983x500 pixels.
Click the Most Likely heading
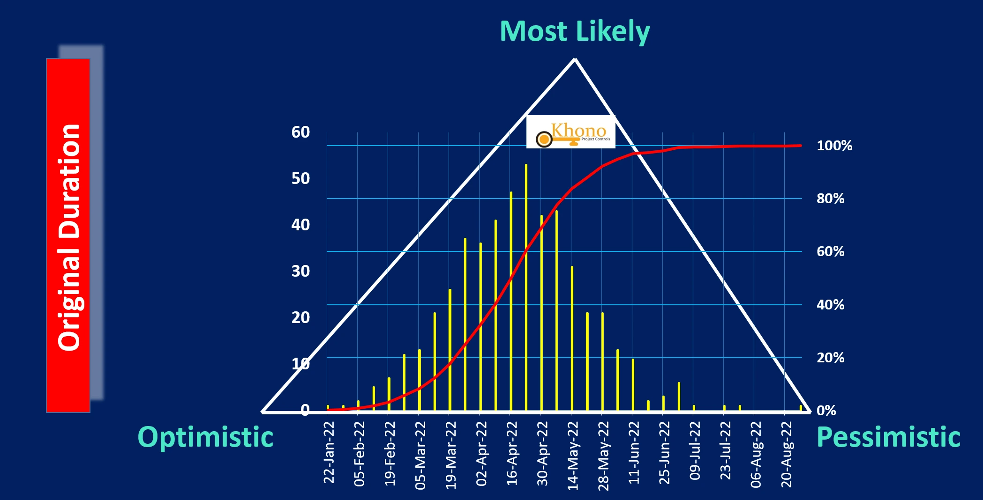tap(574, 31)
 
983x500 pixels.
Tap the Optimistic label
tap(205, 437)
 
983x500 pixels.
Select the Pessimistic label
tap(888, 437)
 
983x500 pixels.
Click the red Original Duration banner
tap(68, 235)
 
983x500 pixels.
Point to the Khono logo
tap(570, 132)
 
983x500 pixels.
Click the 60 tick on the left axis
tap(300, 132)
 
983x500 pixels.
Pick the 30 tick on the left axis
tap(300, 271)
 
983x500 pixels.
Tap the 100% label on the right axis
tap(834, 146)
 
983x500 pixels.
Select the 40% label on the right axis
tap(830, 305)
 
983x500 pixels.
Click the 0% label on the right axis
tap(826, 411)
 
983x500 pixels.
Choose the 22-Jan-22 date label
tap(329, 452)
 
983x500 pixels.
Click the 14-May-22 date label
tap(573, 456)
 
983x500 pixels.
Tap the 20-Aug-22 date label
tap(786, 454)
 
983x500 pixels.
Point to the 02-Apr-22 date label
tap(481, 453)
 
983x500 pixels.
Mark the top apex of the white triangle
tap(575, 59)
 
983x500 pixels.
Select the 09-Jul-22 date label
tap(695, 450)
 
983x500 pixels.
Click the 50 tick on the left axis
tap(300, 178)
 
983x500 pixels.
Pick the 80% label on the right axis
tap(830, 199)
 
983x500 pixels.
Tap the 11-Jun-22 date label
tap(634, 452)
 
